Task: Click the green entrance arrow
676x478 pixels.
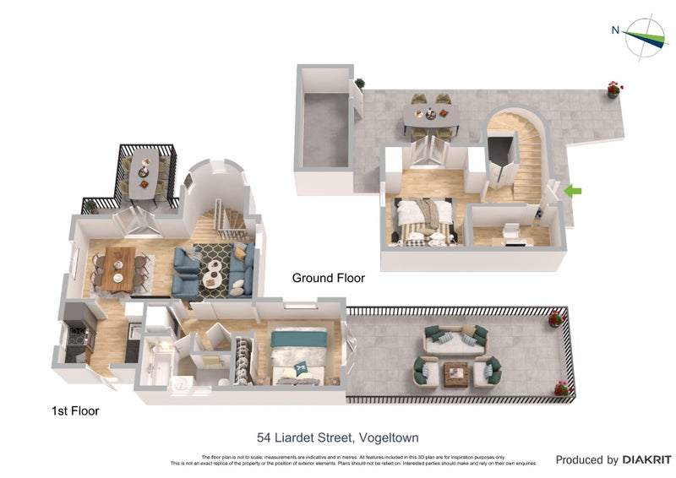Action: pyautogui.click(x=573, y=192)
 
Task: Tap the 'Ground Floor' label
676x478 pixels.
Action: pyautogui.click(x=328, y=278)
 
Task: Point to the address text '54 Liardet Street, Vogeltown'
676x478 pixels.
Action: pyautogui.click(x=338, y=437)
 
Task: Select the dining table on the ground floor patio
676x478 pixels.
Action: pyautogui.click(x=430, y=116)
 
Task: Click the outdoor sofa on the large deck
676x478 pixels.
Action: pyautogui.click(x=455, y=339)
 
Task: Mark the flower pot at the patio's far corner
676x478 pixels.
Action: pyautogui.click(x=614, y=88)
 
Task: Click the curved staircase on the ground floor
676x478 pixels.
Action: pyautogui.click(x=525, y=160)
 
